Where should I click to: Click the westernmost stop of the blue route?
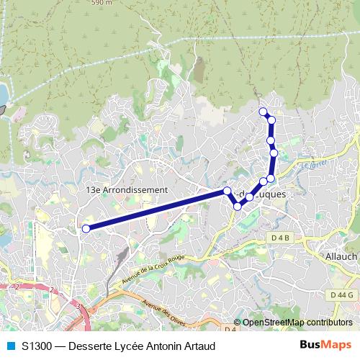pos(86,229)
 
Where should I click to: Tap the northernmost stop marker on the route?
pos(264,112)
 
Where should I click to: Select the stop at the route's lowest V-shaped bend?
pos(238,207)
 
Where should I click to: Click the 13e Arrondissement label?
pos(127,190)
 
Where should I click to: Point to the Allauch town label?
pos(341,257)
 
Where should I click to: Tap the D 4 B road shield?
pos(281,237)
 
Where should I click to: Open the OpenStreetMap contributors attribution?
pos(297,323)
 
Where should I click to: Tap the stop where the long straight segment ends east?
pos(227,191)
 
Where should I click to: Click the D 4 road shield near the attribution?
pos(230,330)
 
